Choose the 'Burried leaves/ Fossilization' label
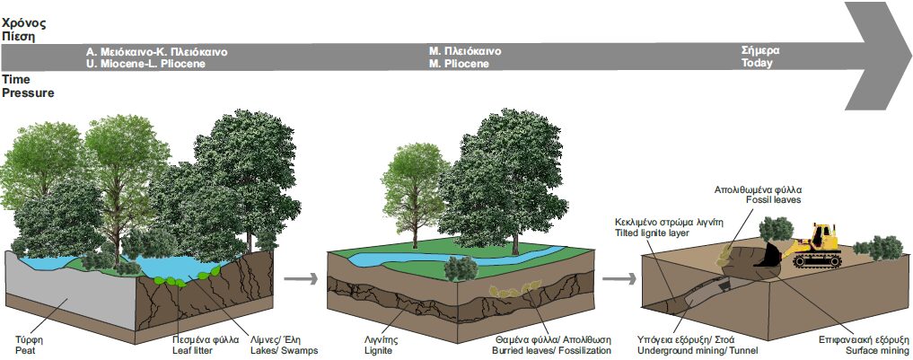[553, 350]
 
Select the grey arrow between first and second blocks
[306, 278]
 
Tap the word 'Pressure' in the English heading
[28, 92]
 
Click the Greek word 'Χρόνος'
[25, 21]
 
